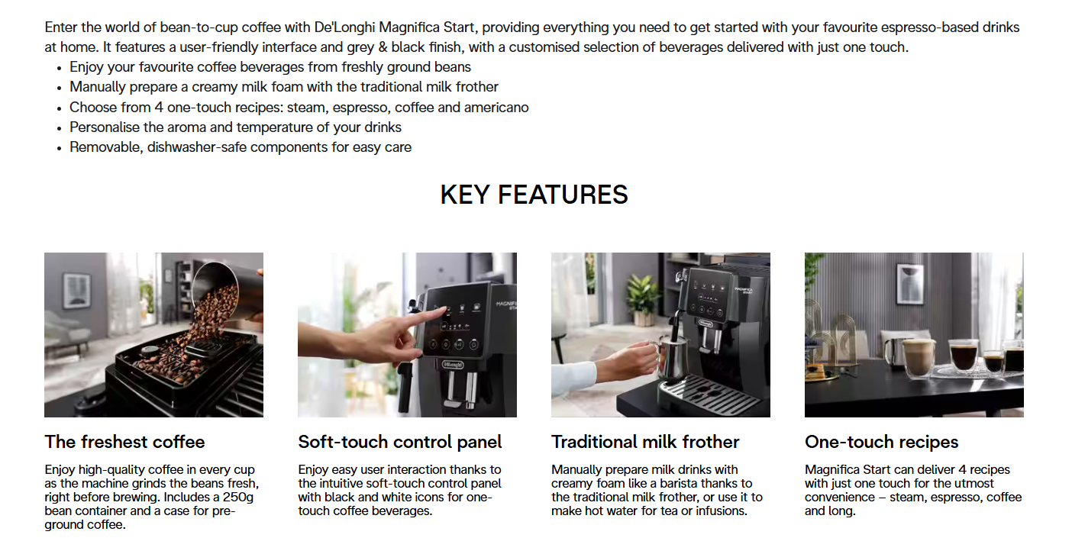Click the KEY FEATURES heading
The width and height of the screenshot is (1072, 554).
pyautogui.click(x=534, y=195)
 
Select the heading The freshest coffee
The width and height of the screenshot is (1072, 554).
pyautogui.click(x=124, y=442)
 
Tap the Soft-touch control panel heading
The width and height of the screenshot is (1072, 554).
pyautogui.click(x=399, y=442)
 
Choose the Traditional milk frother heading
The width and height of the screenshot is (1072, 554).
pyautogui.click(x=645, y=442)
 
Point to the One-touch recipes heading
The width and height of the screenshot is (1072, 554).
pyautogui.click(x=882, y=442)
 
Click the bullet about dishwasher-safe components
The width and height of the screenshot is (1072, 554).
pyautogui.click(x=241, y=147)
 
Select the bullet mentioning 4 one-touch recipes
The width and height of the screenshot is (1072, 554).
pyautogui.click(x=299, y=107)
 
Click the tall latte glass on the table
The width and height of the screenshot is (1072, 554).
pyautogui.click(x=918, y=358)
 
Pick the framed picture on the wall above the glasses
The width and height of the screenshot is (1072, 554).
pyautogui.click(x=910, y=284)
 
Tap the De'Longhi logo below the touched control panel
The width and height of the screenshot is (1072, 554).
pyautogui.click(x=452, y=365)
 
